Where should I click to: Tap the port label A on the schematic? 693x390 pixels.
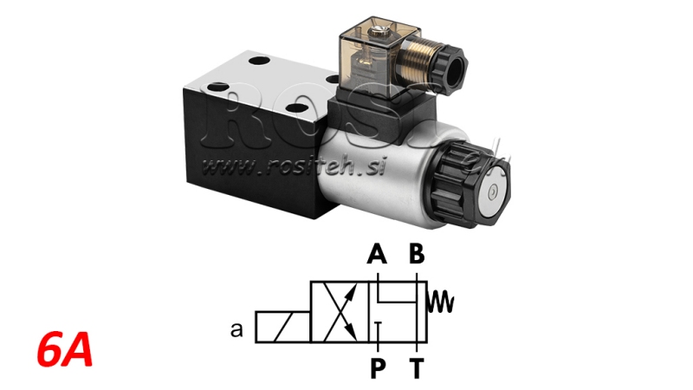tap(377, 254)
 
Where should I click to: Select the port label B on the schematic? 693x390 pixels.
tap(417, 254)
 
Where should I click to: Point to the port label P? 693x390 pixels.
tap(377, 368)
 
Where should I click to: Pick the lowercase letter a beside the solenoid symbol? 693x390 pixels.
tap(236, 329)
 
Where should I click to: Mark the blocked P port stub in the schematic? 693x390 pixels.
tap(378, 328)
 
